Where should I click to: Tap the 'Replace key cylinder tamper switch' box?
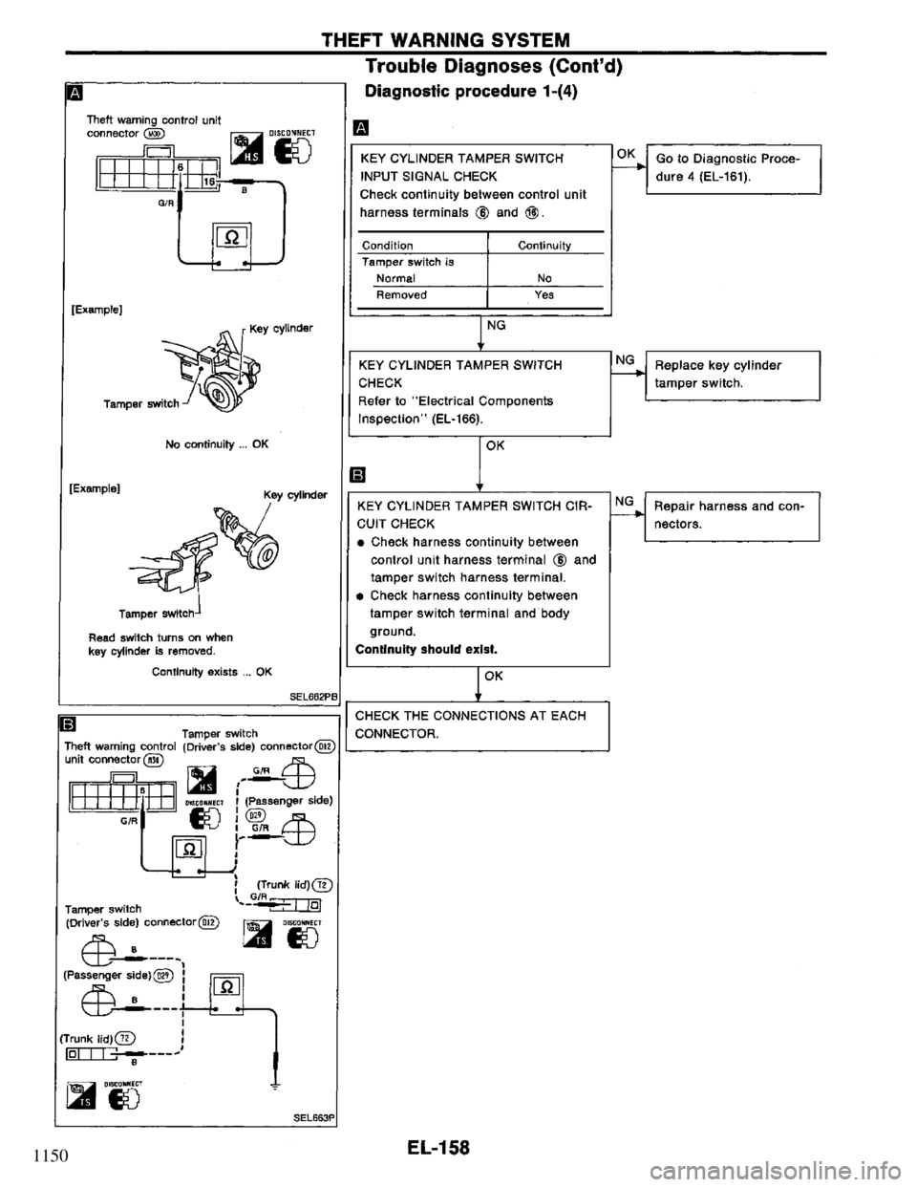coord(733,374)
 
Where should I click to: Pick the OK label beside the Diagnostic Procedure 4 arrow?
coord(625,151)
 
